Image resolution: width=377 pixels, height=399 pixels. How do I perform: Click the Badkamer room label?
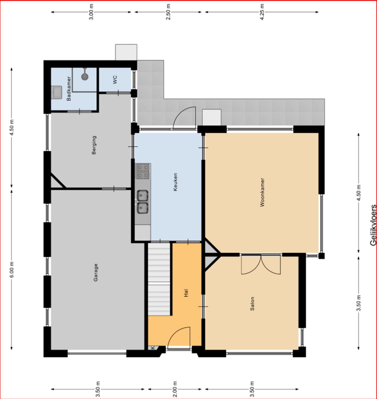(x=69, y=88)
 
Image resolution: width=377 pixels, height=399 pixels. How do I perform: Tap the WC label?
(x=115, y=80)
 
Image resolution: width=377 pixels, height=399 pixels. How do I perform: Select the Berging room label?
(x=94, y=145)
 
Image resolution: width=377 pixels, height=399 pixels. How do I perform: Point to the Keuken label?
(x=175, y=182)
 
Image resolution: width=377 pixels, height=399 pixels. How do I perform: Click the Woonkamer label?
(x=262, y=192)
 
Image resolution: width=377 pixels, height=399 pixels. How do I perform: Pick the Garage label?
(x=96, y=272)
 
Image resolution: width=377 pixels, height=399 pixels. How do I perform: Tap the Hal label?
(x=186, y=293)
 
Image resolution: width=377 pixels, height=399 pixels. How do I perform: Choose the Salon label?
(x=252, y=304)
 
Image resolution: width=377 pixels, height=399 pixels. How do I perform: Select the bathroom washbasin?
(x=57, y=93)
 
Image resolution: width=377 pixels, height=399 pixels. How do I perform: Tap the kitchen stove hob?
(x=143, y=171)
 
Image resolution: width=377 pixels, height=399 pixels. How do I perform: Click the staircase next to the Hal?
(x=159, y=279)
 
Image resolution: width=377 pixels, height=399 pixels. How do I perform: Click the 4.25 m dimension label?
(x=262, y=12)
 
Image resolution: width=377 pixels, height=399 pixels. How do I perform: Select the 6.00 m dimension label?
(x=12, y=270)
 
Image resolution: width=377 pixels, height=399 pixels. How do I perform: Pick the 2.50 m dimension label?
(x=168, y=12)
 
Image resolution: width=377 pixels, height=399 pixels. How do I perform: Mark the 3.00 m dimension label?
(x=91, y=12)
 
